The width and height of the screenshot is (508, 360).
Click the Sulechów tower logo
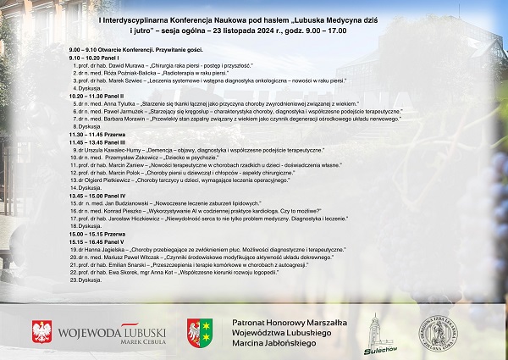[373, 330]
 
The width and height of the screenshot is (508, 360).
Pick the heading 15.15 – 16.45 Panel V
[97, 239]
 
